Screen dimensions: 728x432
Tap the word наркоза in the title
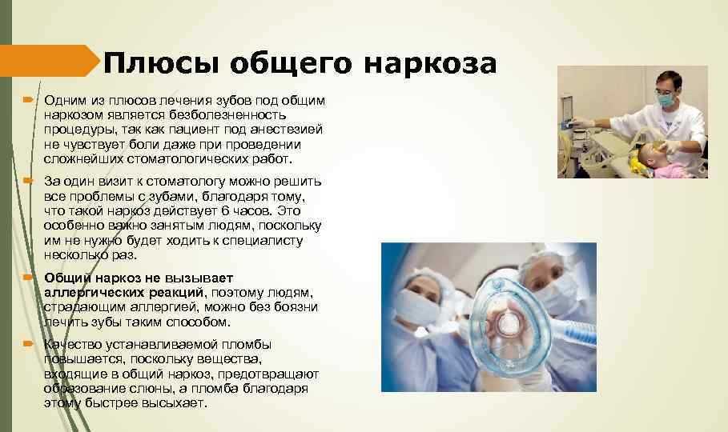(430, 63)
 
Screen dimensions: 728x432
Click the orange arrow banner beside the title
(49, 61)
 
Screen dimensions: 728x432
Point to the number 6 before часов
(225, 210)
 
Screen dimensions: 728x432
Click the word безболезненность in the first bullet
(227, 114)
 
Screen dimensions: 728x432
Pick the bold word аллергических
(123, 293)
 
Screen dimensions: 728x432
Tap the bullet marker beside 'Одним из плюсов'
(28, 100)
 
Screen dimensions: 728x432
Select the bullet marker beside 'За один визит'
(28, 181)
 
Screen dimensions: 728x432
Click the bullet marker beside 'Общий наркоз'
(28, 278)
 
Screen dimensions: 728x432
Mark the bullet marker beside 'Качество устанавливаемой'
(28, 344)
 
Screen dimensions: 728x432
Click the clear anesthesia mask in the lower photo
(509, 320)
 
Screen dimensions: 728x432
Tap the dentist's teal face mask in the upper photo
(666, 99)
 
